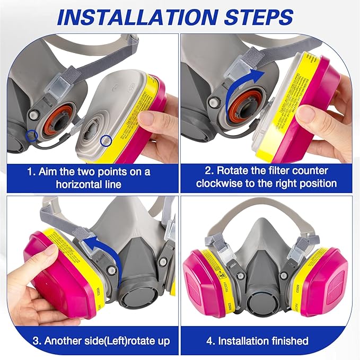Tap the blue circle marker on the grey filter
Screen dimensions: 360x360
107,140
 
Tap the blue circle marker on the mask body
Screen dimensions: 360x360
33,136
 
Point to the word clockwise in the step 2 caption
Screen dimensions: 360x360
221,183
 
